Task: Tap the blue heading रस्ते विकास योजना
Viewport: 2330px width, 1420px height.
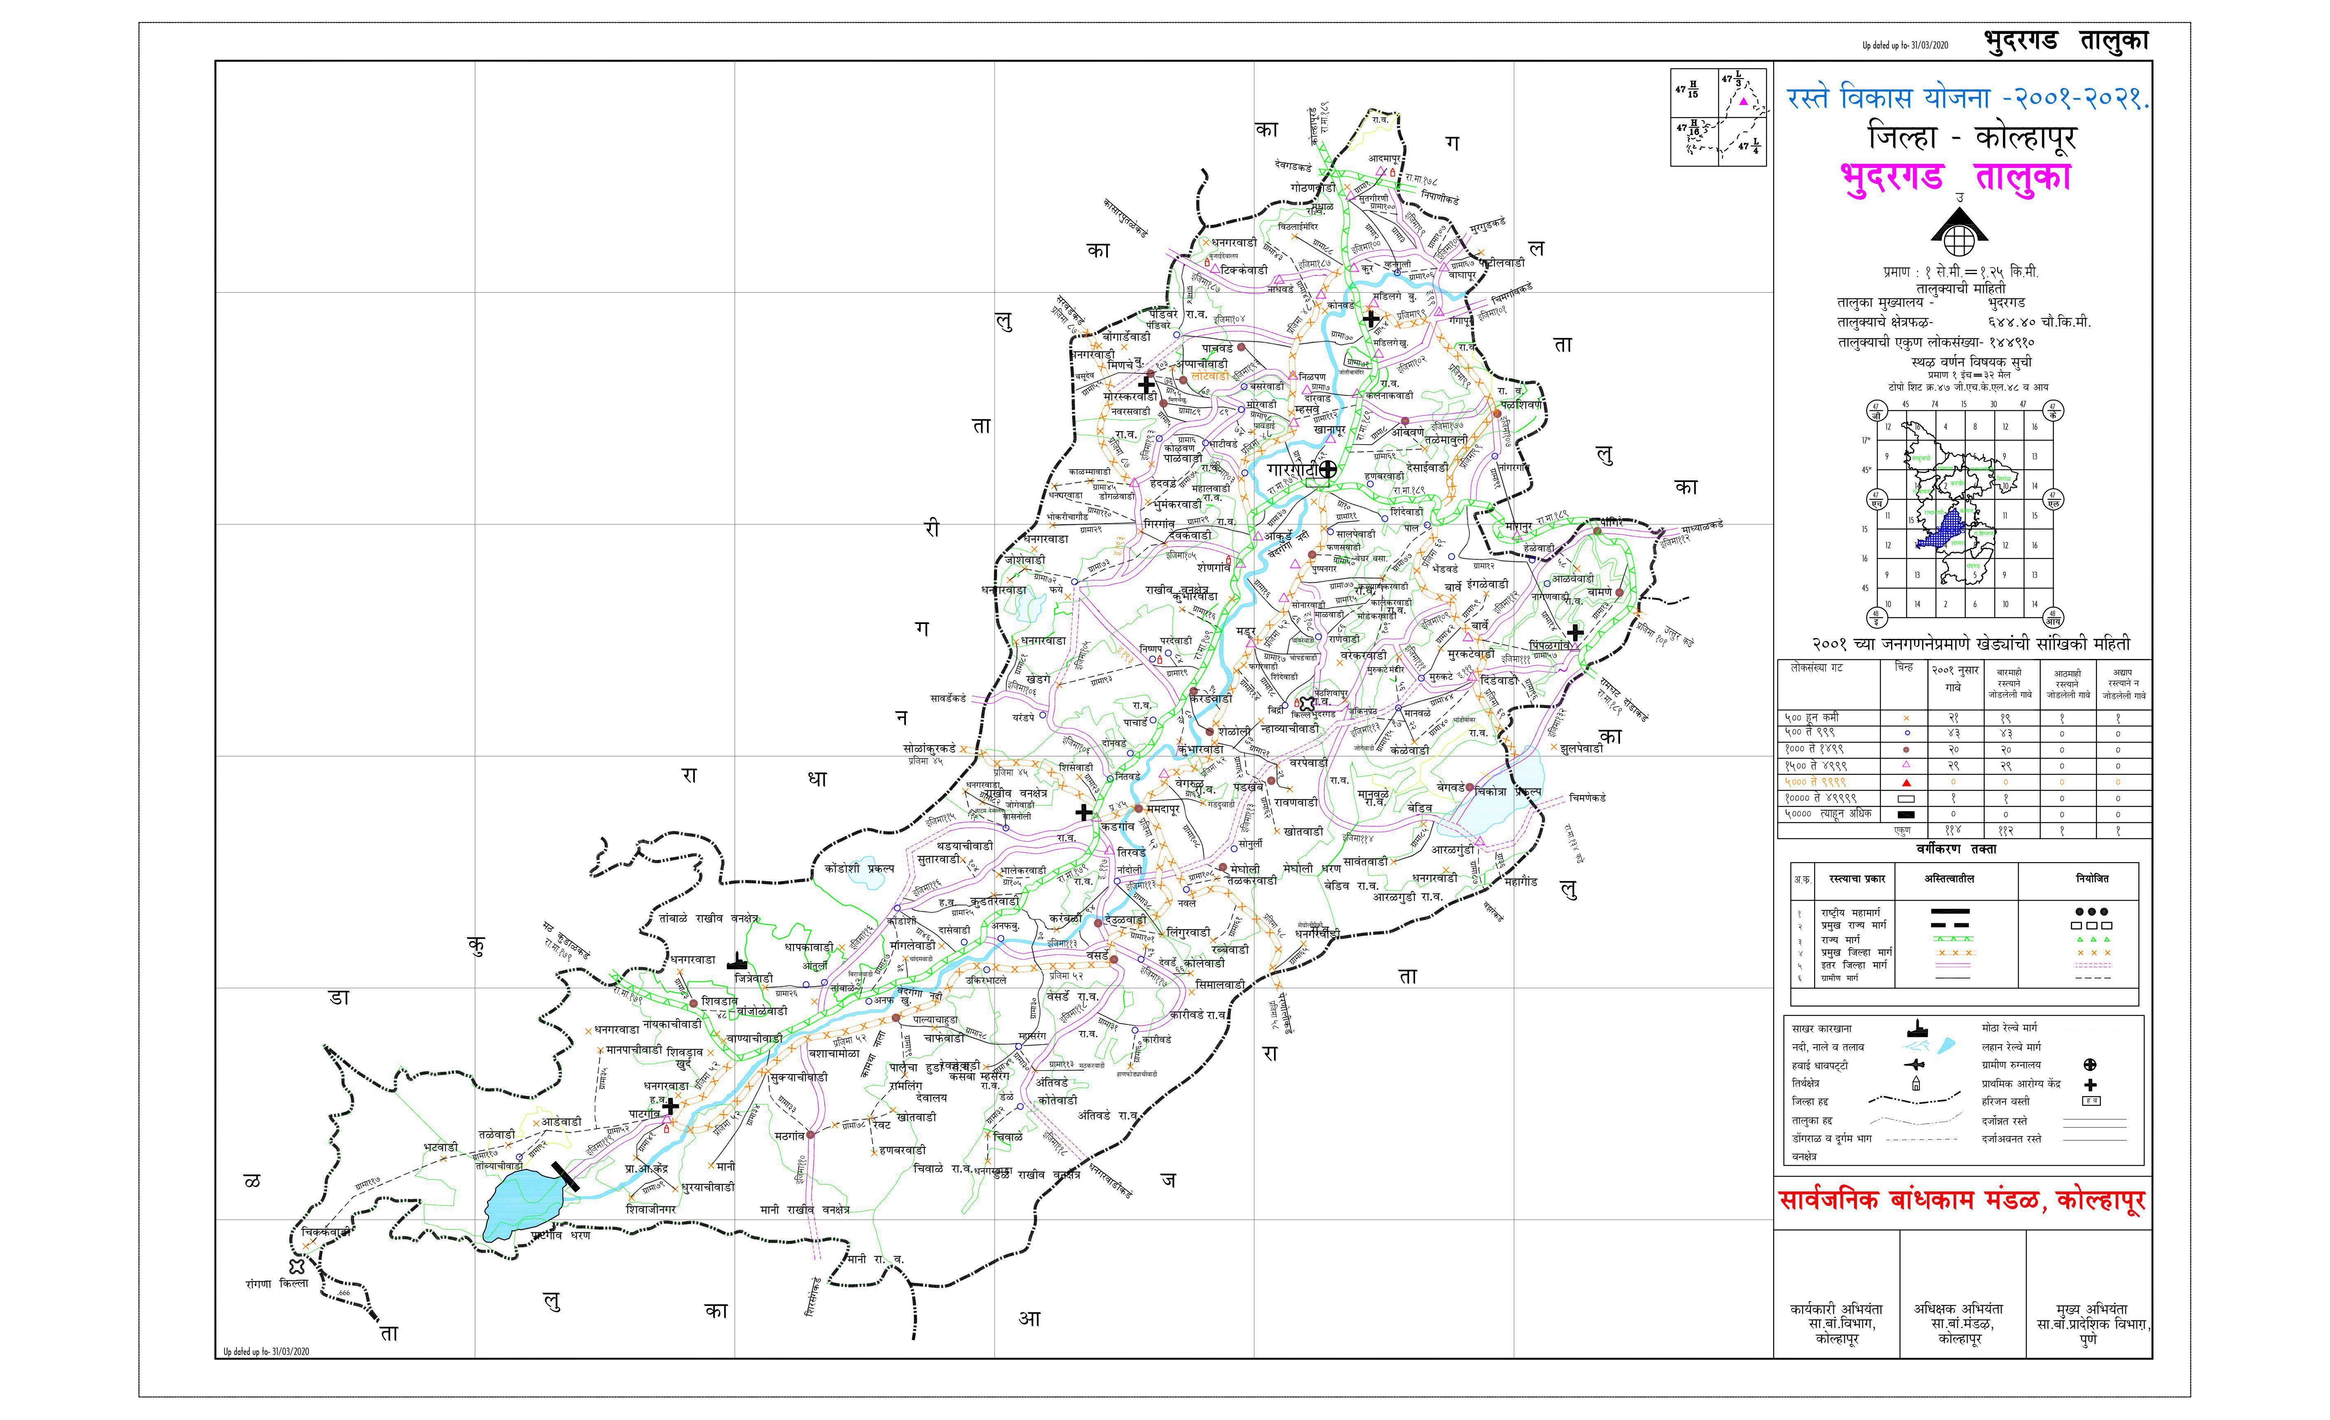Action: coord(1967,98)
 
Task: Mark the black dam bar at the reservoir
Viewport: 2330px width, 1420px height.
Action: coord(566,1176)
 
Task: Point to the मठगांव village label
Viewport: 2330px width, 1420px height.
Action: coord(789,1136)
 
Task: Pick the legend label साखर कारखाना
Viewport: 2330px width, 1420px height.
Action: coord(1821,1028)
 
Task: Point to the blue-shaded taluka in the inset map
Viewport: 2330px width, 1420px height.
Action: coord(1948,530)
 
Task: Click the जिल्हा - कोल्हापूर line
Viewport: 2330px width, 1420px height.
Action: coord(1972,138)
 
